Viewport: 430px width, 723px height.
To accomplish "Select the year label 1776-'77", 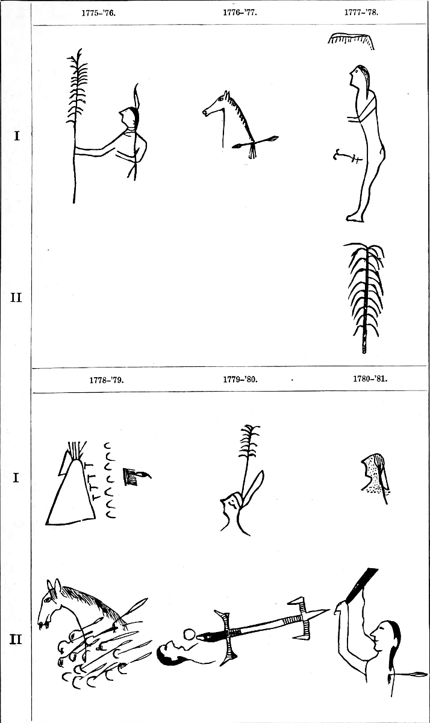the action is [x=240, y=13].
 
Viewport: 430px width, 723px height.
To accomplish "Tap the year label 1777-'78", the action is [x=361, y=12].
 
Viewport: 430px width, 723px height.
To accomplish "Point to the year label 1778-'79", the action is [x=107, y=380].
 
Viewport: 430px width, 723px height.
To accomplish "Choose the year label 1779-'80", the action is [x=240, y=379].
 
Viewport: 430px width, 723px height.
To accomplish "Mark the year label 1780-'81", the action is [x=370, y=378].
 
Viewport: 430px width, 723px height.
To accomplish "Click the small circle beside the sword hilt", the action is [x=189, y=634].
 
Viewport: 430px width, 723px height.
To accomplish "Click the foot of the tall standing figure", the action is [x=355, y=218].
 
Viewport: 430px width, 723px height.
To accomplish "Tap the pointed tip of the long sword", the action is [x=329, y=610].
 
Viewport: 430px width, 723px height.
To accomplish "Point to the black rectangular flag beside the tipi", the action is [x=129, y=477].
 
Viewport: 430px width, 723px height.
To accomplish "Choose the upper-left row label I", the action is [x=16, y=136].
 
